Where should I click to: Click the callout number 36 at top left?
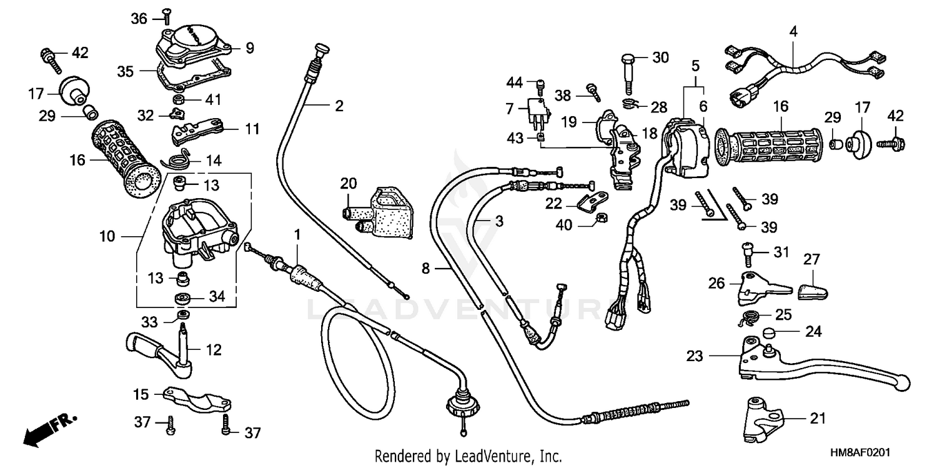pyautogui.click(x=139, y=19)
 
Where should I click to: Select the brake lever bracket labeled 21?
pyautogui.click(x=763, y=420)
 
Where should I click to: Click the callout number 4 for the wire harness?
pyautogui.click(x=793, y=30)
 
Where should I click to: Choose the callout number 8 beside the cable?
pyautogui.click(x=425, y=269)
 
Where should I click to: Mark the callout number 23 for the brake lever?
pyautogui.click(x=694, y=356)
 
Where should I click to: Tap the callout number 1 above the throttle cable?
pyautogui.click(x=297, y=234)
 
